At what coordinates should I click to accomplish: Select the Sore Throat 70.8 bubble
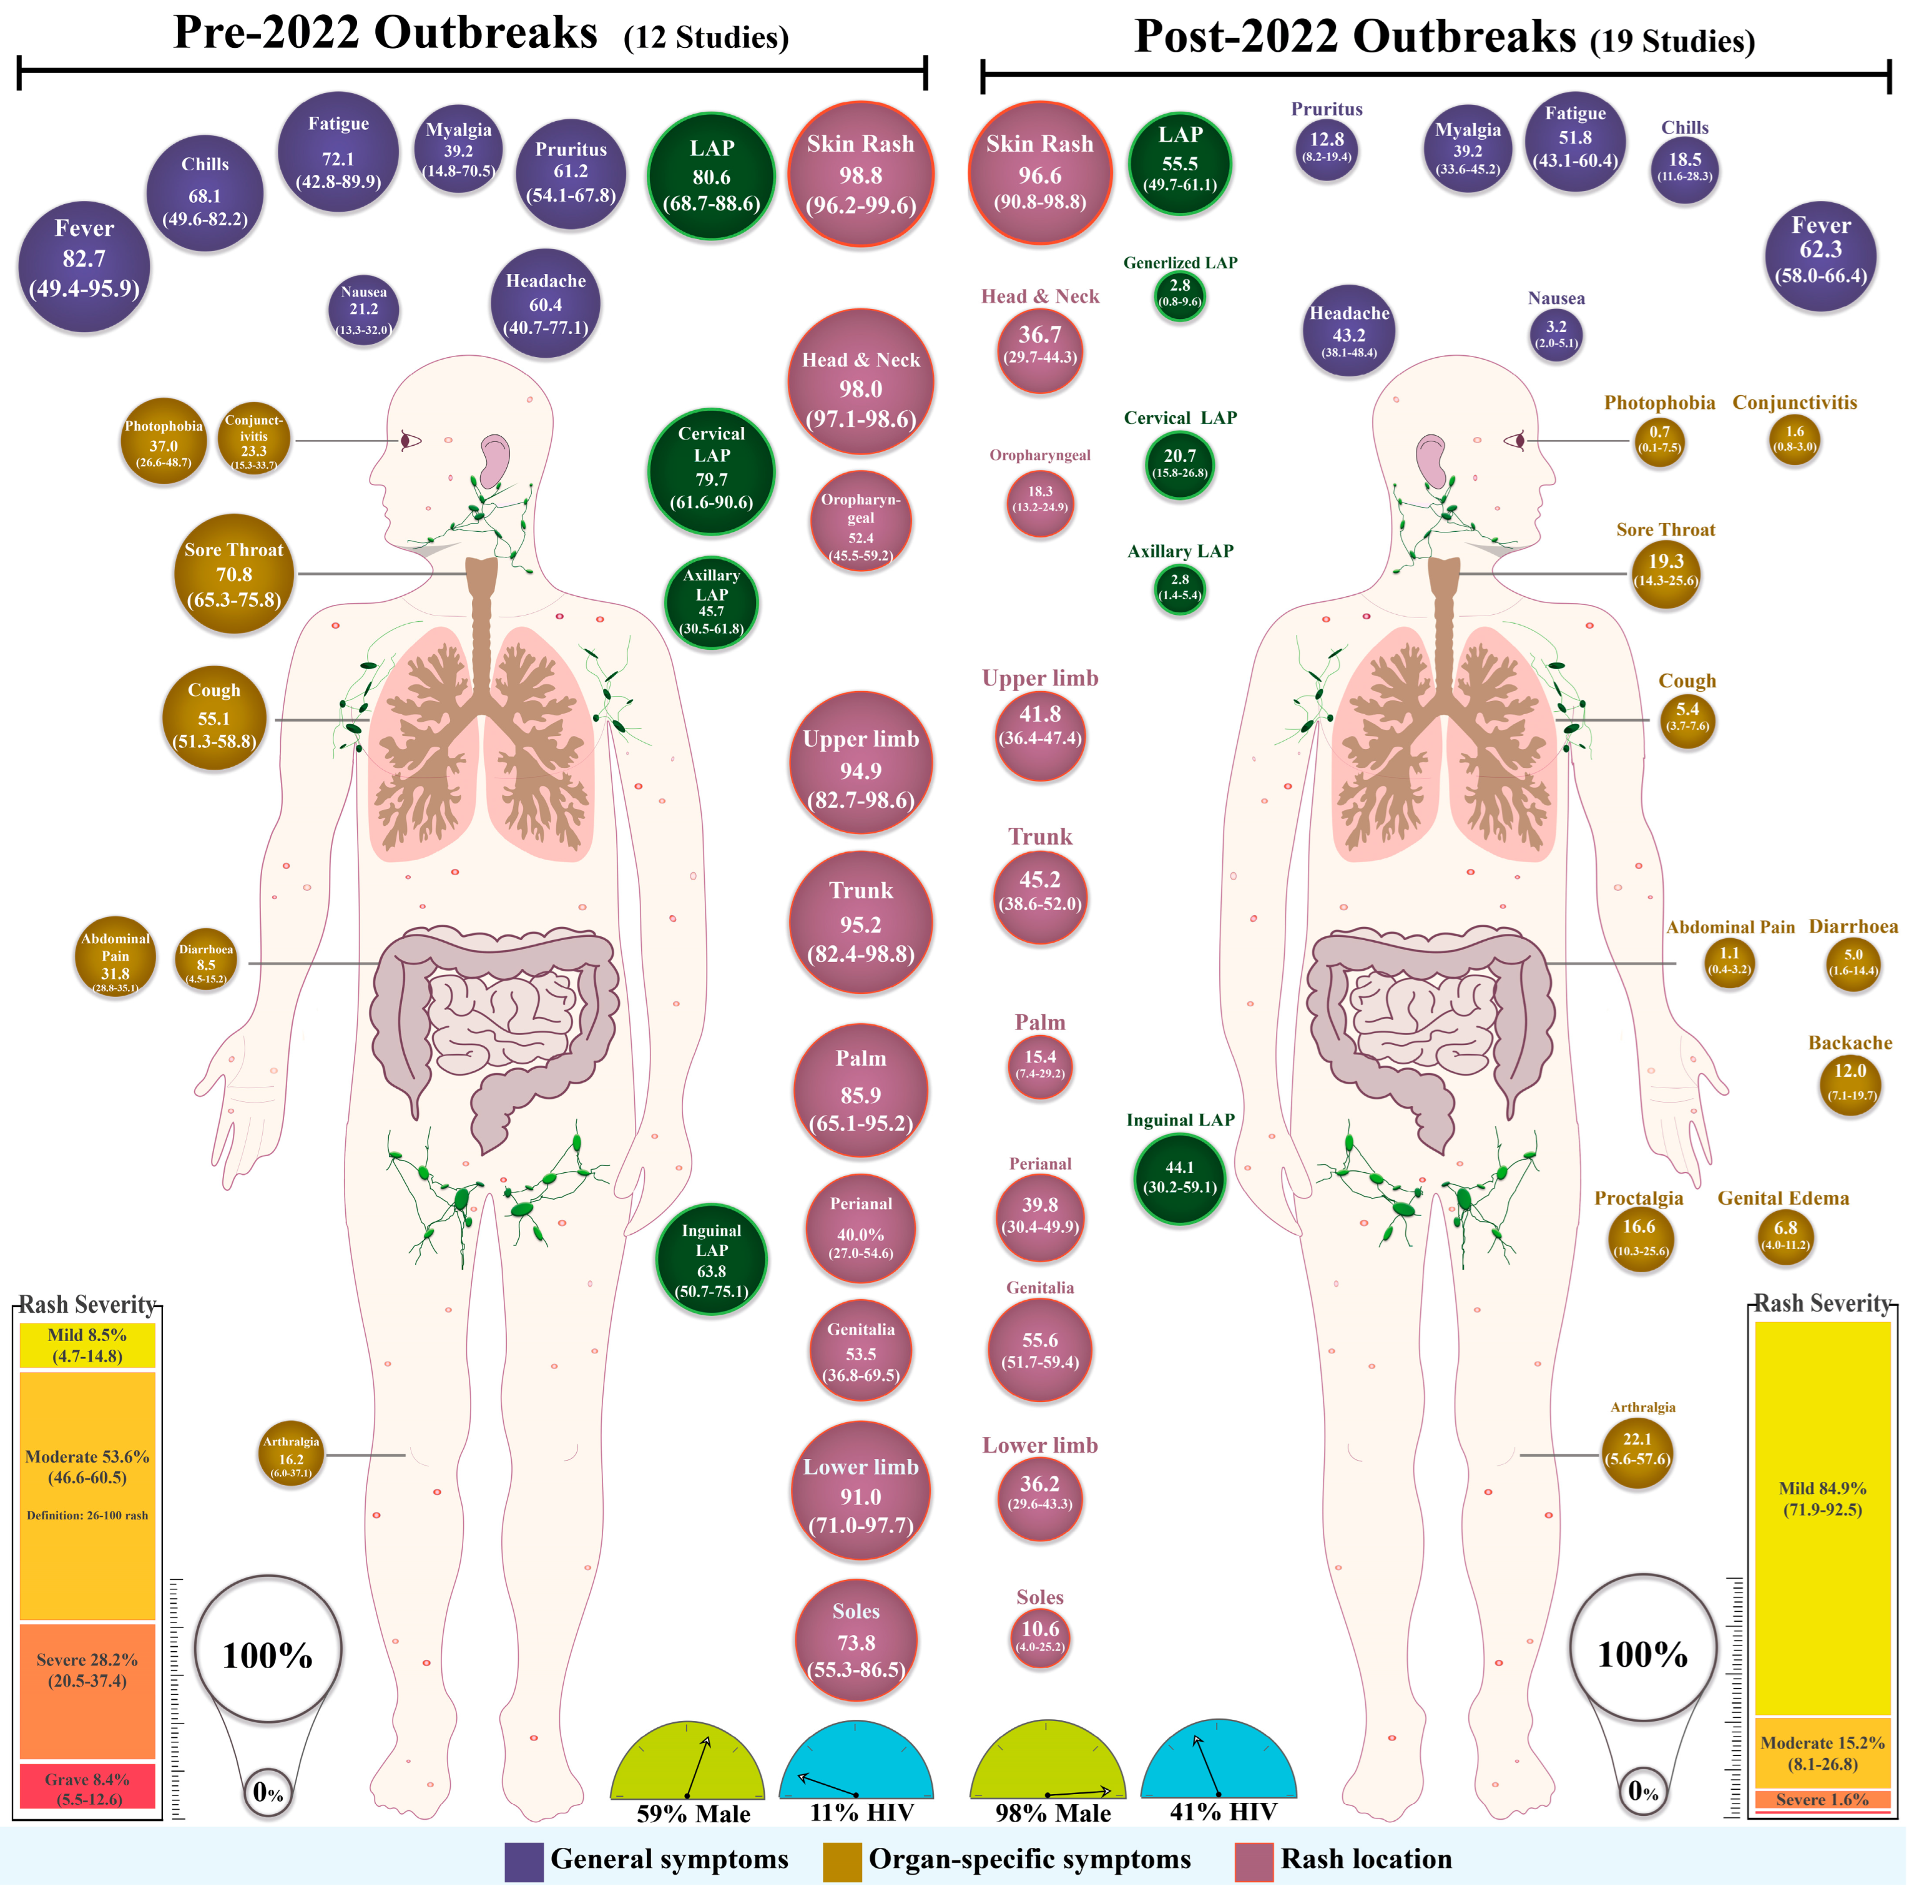pos(234,574)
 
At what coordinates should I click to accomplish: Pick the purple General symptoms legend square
pos(523,1860)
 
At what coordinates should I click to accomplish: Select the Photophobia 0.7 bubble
pos(1659,440)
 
